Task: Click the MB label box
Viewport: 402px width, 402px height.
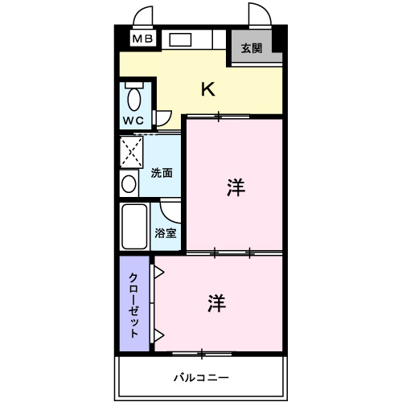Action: pos(142,38)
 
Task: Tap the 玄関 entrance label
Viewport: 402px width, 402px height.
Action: pos(252,48)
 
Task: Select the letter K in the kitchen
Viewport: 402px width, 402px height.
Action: pos(207,89)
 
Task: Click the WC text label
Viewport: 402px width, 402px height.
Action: pos(133,121)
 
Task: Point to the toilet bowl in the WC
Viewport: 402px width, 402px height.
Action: pos(133,99)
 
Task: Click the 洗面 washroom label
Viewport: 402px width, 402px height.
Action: pos(162,172)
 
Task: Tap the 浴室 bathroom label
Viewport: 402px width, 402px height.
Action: pos(166,233)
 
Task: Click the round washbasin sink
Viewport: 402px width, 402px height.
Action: pos(129,183)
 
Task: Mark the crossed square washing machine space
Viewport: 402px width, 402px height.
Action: pos(132,150)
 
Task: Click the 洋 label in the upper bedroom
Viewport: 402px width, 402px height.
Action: pos(235,187)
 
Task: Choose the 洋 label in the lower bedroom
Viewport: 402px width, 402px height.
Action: pos(215,303)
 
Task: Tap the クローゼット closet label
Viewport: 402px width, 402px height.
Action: pos(134,304)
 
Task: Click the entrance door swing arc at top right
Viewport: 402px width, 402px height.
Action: pos(259,14)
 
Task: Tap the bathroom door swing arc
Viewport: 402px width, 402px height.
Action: pos(170,211)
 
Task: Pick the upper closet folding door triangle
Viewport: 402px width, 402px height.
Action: pos(159,273)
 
